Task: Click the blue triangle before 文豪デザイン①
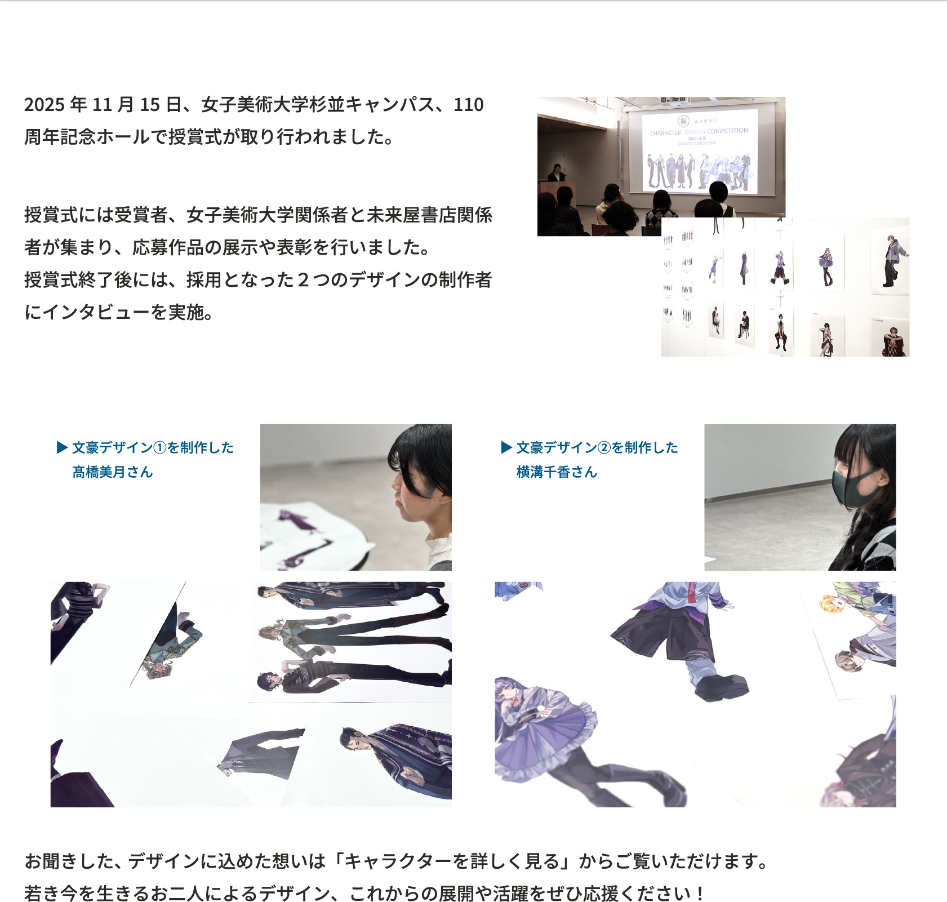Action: tap(62, 448)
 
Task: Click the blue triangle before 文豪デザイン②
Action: tap(506, 448)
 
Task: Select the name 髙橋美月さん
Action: tap(113, 472)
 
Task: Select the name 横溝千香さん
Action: tap(557, 472)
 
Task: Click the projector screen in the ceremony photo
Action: tap(700, 151)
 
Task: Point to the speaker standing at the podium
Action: tap(557, 174)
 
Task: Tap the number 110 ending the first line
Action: tap(469, 105)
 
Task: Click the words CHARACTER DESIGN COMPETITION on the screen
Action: tap(699, 132)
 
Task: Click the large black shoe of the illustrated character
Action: tap(721, 686)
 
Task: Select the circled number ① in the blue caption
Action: tap(160, 448)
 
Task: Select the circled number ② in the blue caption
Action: tap(604, 448)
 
